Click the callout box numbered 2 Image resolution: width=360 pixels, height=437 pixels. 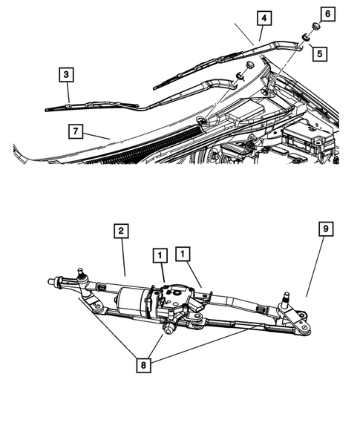(x=120, y=231)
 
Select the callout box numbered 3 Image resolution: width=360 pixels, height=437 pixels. (x=67, y=74)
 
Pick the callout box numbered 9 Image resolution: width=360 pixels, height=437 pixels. (x=324, y=231)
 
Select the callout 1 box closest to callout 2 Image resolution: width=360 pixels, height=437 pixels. (x=160, y=254)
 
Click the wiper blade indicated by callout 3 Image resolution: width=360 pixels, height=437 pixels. (x=89, y=105)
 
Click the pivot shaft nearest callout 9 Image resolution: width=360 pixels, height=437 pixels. (x=285, y=301)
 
